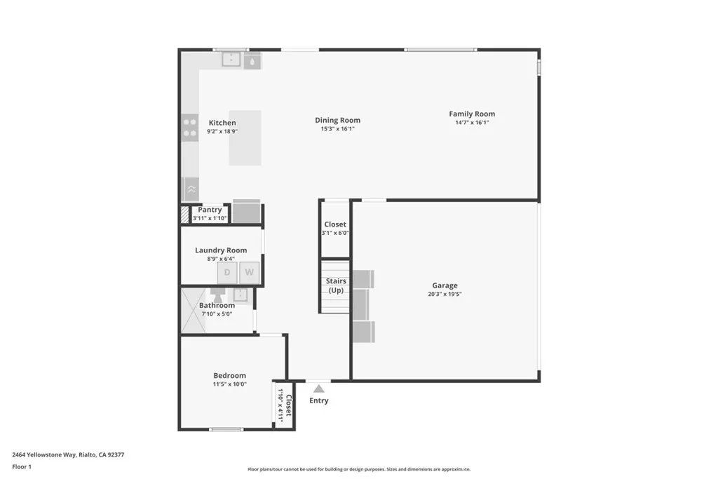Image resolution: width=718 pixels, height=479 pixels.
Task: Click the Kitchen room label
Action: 222,123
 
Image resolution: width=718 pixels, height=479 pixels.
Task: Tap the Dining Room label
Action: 337,120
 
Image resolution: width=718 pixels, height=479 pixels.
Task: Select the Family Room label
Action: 472,114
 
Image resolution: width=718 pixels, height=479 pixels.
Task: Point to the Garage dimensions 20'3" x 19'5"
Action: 445,295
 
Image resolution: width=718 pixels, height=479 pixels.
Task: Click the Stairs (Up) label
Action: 336,285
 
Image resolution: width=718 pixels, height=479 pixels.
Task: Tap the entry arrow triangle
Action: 319,388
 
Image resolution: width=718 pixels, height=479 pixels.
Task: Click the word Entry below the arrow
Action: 318,400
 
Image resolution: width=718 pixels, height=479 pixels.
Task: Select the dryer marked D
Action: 227,273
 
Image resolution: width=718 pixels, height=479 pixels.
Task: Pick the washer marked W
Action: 250,273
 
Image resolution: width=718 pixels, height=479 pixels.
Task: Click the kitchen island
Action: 245,137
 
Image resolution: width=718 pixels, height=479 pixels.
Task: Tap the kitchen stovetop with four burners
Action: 190,127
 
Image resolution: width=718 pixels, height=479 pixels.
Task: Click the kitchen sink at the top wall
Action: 231,60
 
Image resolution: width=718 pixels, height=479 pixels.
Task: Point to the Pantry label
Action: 210,210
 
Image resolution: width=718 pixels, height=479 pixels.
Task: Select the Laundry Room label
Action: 221,250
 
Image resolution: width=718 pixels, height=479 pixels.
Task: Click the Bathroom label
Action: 217,305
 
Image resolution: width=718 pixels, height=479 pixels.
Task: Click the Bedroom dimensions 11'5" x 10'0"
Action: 230,385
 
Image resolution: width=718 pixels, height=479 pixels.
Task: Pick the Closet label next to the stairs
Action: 335,224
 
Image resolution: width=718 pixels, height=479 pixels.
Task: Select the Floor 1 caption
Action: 22,466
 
